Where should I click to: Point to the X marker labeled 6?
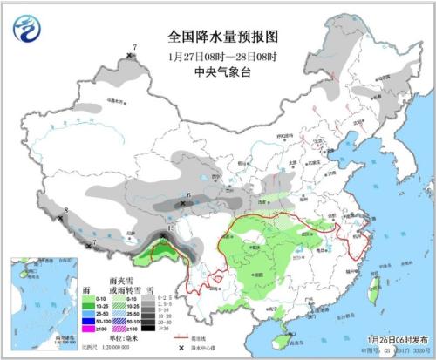coord(182,203)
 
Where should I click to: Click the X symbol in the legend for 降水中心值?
coord(182,348)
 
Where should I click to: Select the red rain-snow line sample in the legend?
coord(182,337)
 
